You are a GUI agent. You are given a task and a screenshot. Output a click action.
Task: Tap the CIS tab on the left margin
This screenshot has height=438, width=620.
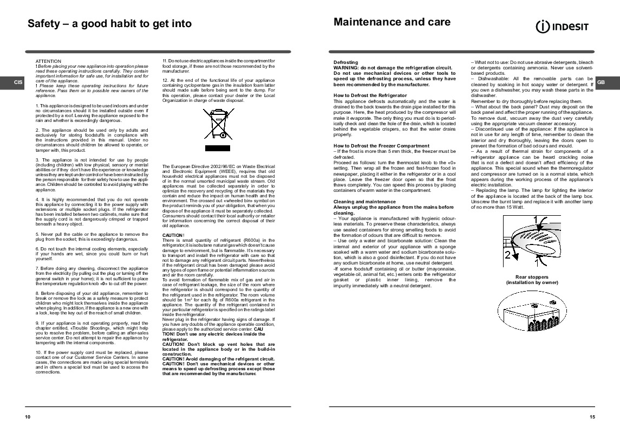coord(18,82)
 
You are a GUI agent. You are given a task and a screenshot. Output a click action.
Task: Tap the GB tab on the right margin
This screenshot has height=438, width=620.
coord(602,82)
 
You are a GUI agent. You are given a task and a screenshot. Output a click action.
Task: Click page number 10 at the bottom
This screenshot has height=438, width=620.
coord(28,416)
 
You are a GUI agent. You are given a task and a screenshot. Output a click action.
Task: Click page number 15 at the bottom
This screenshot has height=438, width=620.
coord(592,416)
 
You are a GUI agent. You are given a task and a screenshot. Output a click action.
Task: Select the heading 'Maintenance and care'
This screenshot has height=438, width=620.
coord(392,22)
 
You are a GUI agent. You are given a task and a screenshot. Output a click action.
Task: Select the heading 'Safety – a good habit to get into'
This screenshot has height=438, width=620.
coord(109,23)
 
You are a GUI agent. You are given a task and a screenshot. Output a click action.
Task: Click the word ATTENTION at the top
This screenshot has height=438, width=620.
coord(48,61)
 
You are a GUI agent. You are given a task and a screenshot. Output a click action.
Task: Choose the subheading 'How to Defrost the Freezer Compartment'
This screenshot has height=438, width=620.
coord(381,146)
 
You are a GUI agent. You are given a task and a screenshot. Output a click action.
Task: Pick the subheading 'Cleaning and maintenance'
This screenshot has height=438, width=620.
coord(364,202)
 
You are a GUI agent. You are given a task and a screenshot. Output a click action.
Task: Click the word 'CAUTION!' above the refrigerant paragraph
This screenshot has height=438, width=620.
coord(173,235)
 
